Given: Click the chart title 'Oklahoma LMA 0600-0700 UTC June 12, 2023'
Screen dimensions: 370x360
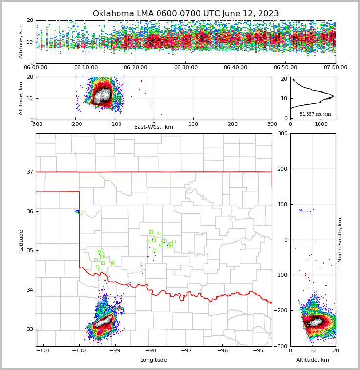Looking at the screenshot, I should (185, 14).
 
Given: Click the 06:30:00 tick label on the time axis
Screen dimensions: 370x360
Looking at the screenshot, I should (185, 68).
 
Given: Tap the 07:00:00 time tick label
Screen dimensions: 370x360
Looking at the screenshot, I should (335, 68).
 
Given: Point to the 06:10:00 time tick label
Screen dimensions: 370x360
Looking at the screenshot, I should (85, 68).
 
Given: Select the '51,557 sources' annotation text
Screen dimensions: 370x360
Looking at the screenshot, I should (316, 114).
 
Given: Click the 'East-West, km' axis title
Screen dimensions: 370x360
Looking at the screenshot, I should (154, 127).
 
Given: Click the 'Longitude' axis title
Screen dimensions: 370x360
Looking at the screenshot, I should (154, 360).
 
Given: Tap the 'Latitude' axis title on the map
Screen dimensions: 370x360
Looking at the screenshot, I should (21, 240).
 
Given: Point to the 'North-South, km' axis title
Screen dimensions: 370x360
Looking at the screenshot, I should (340, 240).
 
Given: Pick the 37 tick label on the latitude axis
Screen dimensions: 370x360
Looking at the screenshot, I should (29, 172).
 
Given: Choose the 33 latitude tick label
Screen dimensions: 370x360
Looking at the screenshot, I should (29, 329).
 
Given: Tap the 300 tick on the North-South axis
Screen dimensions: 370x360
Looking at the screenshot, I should (282, 133).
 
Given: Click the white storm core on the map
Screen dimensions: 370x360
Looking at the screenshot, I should (104, 322).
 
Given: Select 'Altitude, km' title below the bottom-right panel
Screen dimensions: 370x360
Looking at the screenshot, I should (313, 360).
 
